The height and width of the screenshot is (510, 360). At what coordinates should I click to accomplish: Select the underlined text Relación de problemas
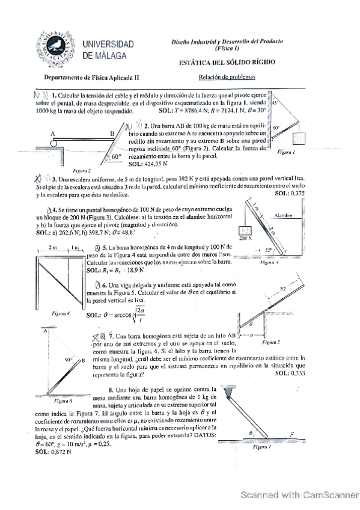point(227,77)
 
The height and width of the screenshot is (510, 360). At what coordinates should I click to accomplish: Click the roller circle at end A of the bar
point(53,142)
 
